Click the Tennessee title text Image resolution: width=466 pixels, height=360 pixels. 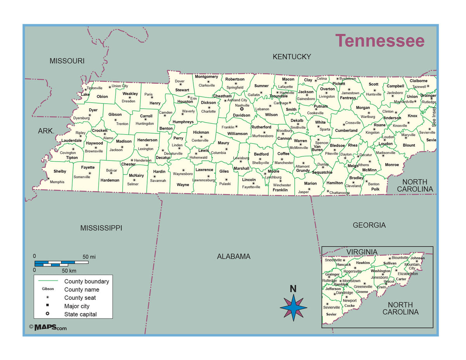click(380, 41)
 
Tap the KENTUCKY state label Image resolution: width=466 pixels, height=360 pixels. click(292, 57)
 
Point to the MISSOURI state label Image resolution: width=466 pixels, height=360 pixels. click(67, 61)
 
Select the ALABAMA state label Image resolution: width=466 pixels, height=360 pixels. click(233, 256)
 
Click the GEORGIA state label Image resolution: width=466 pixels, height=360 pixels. click(369, 225)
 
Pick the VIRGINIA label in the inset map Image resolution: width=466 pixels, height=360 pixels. click(362, 252)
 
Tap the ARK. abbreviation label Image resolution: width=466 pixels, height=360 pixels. click(46, 131)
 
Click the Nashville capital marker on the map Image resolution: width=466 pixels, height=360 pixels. click(242, 109)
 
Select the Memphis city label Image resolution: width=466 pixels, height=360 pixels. click(57, 182)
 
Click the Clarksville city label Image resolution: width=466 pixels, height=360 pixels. click(207, 85)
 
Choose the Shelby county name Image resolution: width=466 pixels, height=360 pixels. click(60, 171)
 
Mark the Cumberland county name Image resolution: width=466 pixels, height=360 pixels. click(346, 130)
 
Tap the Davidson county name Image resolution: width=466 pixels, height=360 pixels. click(242, 115)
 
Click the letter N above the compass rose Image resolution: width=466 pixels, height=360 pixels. click(293, 289)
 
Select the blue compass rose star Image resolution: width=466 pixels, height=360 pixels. click(294, 307)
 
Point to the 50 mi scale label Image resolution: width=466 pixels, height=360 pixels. click(89, 257)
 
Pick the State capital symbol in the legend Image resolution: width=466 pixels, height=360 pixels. click(47, 314)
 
